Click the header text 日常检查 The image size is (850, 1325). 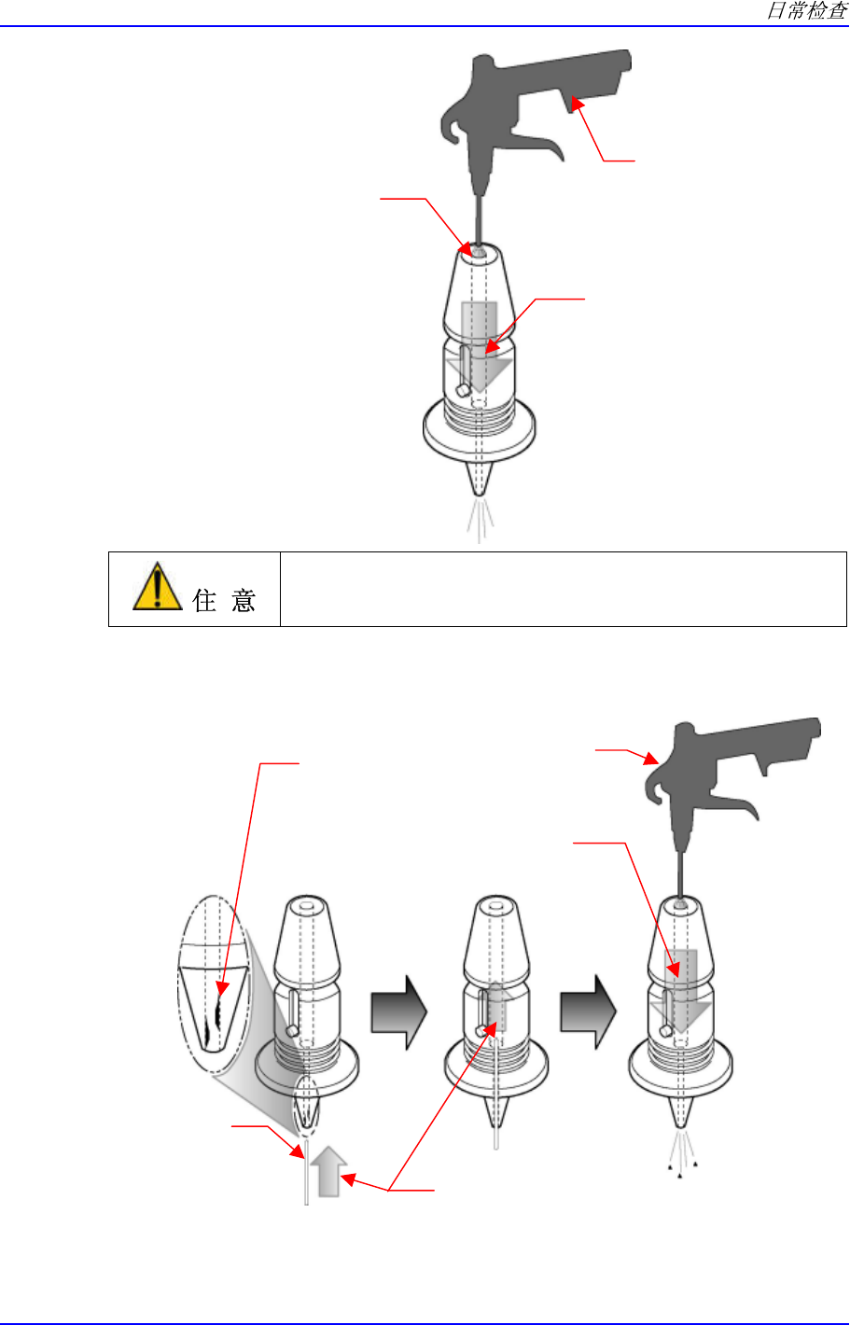(806, 11)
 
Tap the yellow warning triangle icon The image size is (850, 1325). (157, 588)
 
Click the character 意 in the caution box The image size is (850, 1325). (243, 600)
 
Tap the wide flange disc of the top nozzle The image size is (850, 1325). (479, 434)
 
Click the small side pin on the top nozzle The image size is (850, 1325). (462, 390)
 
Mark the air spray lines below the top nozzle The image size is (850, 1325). (479, 521)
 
